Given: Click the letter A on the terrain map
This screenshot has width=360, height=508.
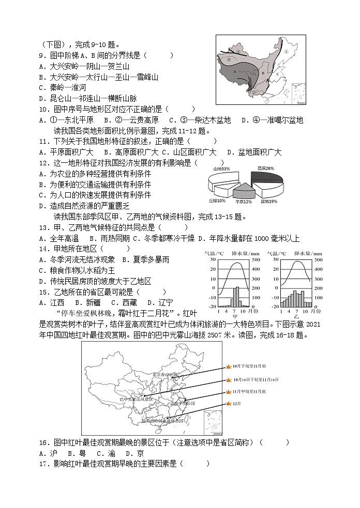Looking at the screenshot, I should [x=235, y=71].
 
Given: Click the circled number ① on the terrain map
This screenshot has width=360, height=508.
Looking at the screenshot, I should [x=286, y=52].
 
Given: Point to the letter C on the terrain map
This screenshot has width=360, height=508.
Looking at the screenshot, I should [x=277, y=73].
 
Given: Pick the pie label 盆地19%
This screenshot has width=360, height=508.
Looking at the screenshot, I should [x=268, y=201].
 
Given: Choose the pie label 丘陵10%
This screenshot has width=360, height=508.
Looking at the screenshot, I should [x=217, y=201].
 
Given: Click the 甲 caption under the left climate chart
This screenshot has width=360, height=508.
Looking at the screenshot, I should [x=235, y=316].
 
